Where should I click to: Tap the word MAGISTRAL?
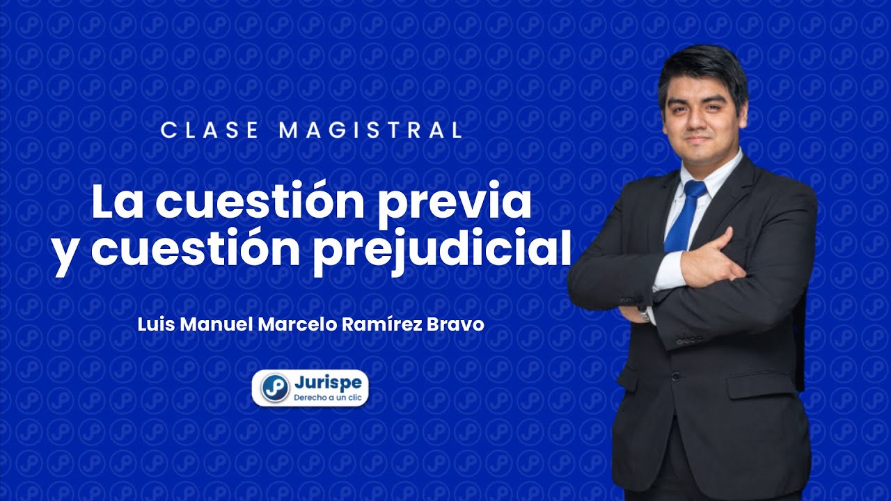click(370, 130)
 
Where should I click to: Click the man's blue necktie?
click(681, 223)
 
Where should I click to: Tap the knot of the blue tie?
click(693, 189)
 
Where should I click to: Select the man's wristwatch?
click(644, 314)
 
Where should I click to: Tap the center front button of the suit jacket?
click(674, 376)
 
